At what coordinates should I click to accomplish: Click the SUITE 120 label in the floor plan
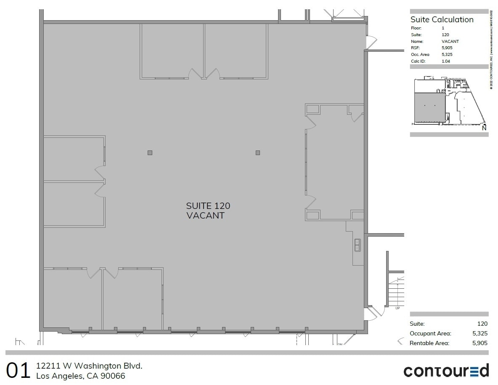pos(208,206)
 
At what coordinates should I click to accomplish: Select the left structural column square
pos(150,153)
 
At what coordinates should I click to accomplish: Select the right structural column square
pos(258,153)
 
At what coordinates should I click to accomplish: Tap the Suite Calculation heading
pos(442,20)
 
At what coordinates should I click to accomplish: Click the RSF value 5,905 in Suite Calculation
pos(447,48)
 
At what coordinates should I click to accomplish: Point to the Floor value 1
pos(443,28)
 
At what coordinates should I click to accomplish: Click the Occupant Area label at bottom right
pos(430,333)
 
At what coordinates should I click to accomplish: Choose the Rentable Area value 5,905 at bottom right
pos(480,343)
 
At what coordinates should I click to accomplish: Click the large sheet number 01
pos(19,371)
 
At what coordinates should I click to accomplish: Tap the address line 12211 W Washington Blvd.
pos(89,366)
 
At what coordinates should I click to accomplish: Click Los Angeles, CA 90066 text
pos(81,376)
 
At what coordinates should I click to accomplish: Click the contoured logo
pos(446,371)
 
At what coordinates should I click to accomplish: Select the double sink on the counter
pos(357,245)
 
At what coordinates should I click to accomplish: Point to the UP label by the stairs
pos(397,308)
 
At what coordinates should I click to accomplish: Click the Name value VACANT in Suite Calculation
pos(450,42)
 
